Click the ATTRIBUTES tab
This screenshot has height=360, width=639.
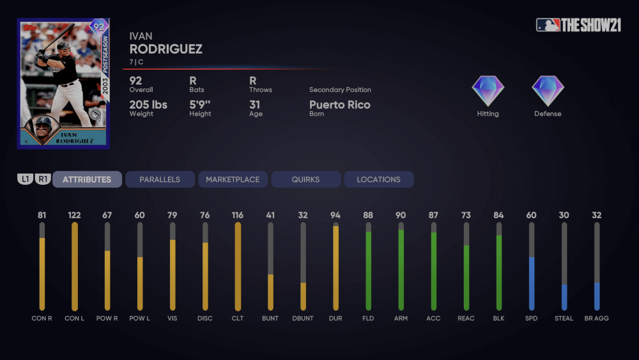(x=87, y=180)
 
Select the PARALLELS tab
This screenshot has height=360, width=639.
(x=160, y=180)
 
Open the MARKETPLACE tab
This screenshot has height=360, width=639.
(x=233, y=180)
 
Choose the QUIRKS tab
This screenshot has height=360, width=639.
(x=305, y=180)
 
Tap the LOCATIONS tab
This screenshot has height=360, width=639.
(x=378, y=180)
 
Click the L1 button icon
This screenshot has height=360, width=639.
(x=25, y=180)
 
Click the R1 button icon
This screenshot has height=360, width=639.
(x=43, y=180)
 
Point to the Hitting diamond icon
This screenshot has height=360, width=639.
(x=488, y=91)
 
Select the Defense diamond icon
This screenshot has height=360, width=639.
(x=548, y=91)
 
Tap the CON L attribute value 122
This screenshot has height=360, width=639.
(x=74, y=215)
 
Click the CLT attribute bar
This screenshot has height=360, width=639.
(x=238, y=266)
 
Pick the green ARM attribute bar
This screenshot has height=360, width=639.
(x=401, y=269)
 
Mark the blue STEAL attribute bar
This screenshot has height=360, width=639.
(x=564, y=297)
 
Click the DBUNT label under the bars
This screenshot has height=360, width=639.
(x=303, y=318)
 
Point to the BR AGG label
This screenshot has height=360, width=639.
(x=596, y=318)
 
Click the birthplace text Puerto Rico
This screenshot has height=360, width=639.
(x=339, y=105)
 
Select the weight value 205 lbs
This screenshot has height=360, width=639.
(x=148, y=105)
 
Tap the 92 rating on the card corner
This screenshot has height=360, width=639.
(x=99, y=27)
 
